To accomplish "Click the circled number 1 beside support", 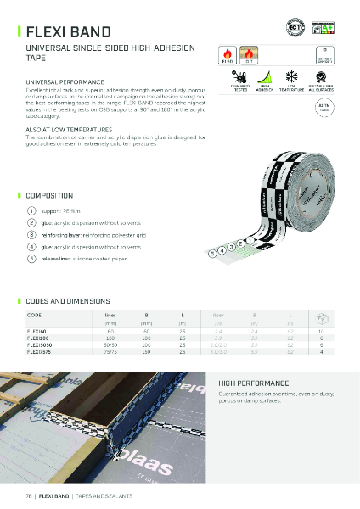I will (x=31, y=210).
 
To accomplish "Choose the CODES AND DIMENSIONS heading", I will (x=69, y=301).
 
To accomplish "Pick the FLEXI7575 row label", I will (x=41, y=350).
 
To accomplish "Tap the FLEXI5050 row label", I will (x=41, y=343).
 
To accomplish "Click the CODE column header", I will (x=35, y=314).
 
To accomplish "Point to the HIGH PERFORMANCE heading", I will (x=253, y=383).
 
